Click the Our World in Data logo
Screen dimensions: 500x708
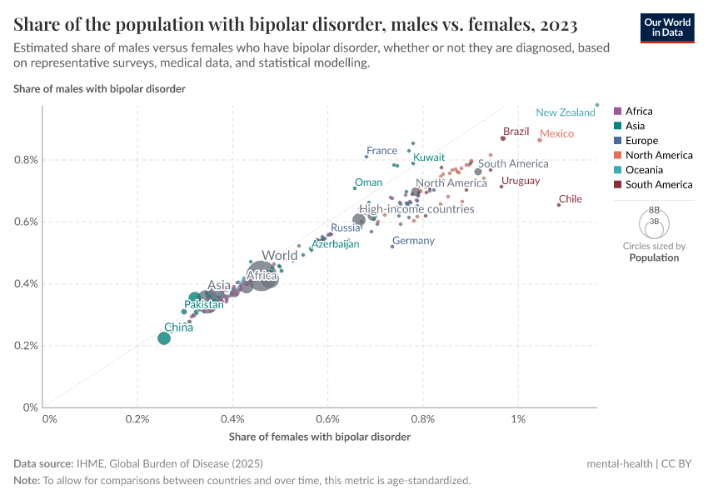coord(666,27)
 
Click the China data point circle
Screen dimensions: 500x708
coord(164,337)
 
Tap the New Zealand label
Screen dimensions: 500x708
coord(565,112)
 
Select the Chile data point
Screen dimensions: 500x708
coord(559,204)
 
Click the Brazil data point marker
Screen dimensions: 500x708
coord(503,138)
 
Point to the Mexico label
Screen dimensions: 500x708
coord(556,134)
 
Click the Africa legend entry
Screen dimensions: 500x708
coord(638,111)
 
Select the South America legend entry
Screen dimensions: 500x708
coord(658,185)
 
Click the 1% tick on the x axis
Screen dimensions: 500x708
coord(519,418)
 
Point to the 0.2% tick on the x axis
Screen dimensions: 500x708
coord(137,418)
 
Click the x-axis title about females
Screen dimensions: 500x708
coord(319,437)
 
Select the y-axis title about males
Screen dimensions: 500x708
coord(99,88)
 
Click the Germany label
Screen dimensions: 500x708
coord(413,241)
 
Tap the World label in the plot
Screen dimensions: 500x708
coord(279,256)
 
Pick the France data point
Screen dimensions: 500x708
coord(366,157)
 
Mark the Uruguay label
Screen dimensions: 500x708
coord(521,181)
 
